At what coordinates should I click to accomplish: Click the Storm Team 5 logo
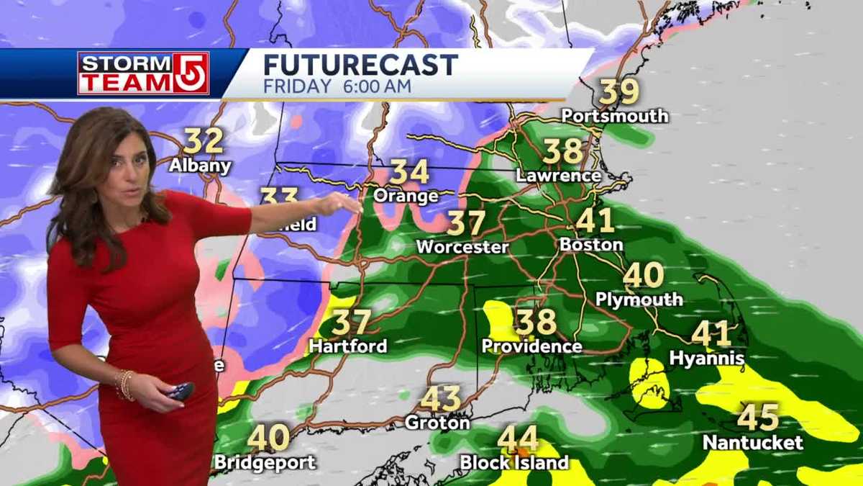[x=143, y=73]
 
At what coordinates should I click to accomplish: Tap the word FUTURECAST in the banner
[x=360, y=65]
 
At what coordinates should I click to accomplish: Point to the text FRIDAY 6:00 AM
[x=337, y=86]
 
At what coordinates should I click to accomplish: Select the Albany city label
[x=200, y=165]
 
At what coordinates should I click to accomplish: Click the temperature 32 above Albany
[x=203, y=141]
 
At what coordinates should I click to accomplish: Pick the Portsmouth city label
[x=615, y=116]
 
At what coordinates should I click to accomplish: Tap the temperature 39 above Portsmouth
[x=619, y=91]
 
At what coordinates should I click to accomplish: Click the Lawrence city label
[x=559, y=175]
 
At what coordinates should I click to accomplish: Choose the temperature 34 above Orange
[x=410, y=172]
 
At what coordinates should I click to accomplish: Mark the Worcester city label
[x=462, y=247]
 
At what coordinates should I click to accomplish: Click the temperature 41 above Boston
[x=595, y=220]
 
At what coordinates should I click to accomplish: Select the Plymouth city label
[x=639, y=300]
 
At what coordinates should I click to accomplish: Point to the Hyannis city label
[x=707, y=357]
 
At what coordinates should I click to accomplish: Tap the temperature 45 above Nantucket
[x=758, y=417]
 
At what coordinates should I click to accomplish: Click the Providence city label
[x=531, y=346]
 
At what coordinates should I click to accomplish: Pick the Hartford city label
[x=348, y=346]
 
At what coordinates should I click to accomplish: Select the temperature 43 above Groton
[x=441, y=398]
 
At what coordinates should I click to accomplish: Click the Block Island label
[x=514, y=462]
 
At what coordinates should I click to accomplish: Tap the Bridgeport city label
[x=265, y=462]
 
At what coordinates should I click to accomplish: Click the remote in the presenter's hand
[x=180, y=392]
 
